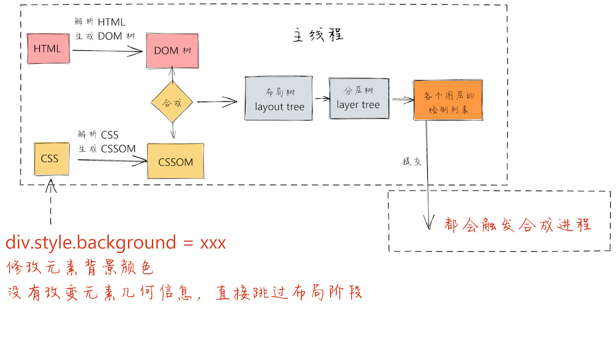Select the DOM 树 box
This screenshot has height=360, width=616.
pos(172,51)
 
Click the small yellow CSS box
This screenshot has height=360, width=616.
pos(50,158)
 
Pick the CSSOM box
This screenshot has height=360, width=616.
pos(175,161)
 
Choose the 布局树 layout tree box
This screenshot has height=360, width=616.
pos(279,99)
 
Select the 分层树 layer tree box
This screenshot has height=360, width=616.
pos(358,98)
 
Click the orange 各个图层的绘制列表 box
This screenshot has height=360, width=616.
pos(448,101)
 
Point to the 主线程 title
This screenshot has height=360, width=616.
pos(317,35)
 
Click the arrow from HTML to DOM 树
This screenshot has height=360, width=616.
pos(108,51)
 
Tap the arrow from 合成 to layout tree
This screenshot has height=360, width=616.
pos(217,102)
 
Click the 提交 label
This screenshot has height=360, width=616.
pos(411,161)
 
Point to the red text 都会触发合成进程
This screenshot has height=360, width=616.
pos(517,224)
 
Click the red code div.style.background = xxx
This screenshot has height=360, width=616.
pos(116,243)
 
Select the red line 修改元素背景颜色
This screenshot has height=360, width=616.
pos(80,268)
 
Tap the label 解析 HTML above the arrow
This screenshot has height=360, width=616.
pos(101,22)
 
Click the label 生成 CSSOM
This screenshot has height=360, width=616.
pos(107,148)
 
